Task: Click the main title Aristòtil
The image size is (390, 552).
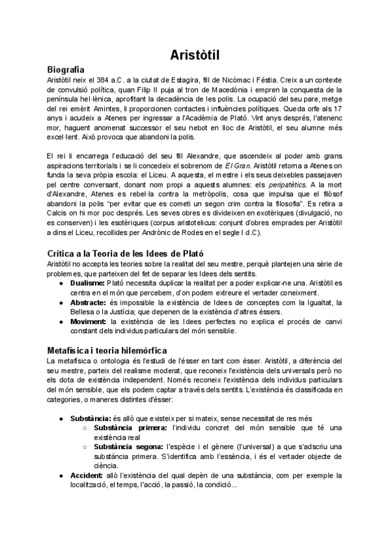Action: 195,54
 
